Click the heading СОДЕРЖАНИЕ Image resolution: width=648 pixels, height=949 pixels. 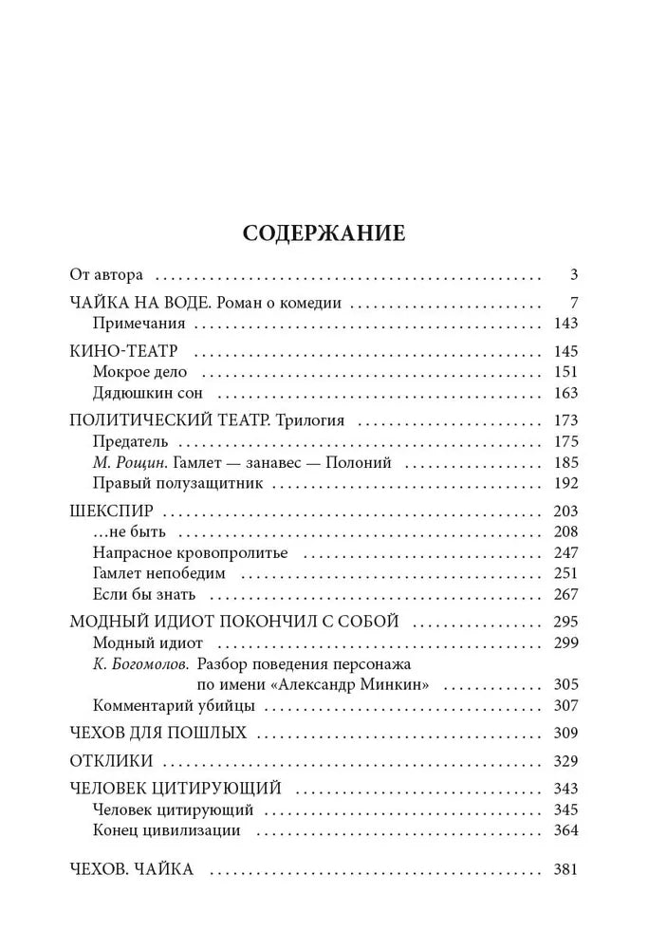(324, 233)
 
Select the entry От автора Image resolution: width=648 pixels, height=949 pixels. (106, 276)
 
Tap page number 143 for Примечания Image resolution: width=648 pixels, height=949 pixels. (565, 324)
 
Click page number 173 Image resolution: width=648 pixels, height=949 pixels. (565, 419)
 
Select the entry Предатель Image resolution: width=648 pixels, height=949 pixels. (131, 441)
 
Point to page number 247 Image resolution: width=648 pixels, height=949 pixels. (565, 553)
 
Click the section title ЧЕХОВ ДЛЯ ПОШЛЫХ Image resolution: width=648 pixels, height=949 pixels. (158, 734)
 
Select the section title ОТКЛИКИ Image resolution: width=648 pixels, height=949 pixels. (112, 762)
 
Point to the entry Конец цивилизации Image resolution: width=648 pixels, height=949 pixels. (167, 830)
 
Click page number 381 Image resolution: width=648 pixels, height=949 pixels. (565, 870)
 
